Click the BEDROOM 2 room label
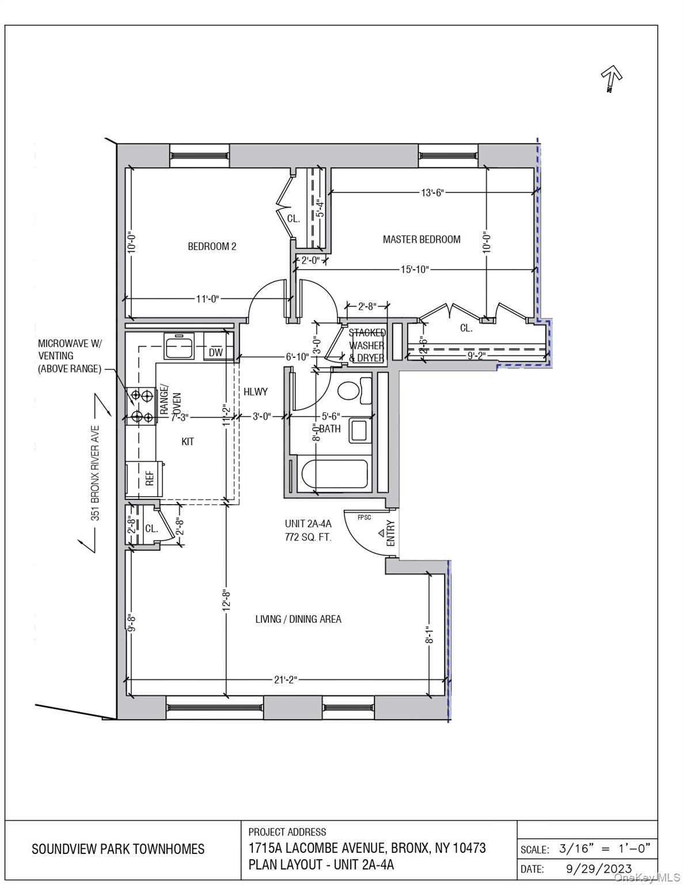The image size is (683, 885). pyautogui.click(x=212, y=247)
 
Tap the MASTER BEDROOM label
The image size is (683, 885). pyautogui.click(x=422, y=239)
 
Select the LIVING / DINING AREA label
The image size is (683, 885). pyautogui.click(x=298, y=619)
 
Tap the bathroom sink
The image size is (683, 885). pyautogui.click(x=359, y=431)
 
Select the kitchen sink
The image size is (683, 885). pyautogui.click(x=179, y=347)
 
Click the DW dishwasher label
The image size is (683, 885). pyautogui.click(x=216, y=353)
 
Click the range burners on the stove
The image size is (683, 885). pyautogui.click(x=141, y=406)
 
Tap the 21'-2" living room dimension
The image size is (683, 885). pyautogui.click(x=286, y=680)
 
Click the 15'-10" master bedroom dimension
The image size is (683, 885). pyautogui.click(x=415, y=269)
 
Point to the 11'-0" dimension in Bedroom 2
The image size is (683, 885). pyautogui.click(x=207, y=298)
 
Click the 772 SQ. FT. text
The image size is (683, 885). pyautogui.click(x=308, y=538)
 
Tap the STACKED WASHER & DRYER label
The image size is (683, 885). pyautogui.click(x=367, y=345)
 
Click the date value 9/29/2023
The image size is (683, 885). pyautogui.click(x=595, y=868)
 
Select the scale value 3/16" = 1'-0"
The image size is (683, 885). pyautogui.click(x=605, y=848)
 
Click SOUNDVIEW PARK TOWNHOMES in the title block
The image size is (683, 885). pyautogui.click(x=118, y=849)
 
